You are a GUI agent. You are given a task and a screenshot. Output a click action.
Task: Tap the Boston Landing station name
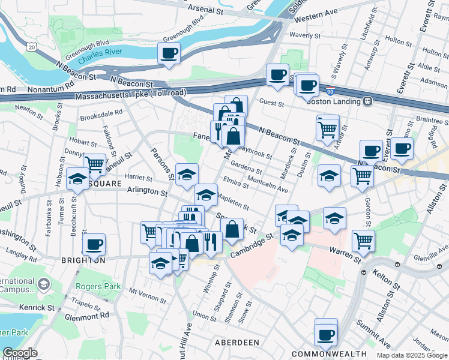pyautogui.click(x=332, y=101)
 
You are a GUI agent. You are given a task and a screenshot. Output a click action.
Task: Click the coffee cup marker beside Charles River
pyautogui.click(x=169, y=53)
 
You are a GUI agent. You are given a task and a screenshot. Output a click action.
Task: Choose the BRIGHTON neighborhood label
pyautogui.click(x=83, y=260)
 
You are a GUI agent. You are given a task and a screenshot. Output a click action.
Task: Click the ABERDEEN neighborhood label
pyautogui.click(x=237, y=342)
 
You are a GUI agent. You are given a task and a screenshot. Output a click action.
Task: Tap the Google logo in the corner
pyautogui.click(x=20, y=353)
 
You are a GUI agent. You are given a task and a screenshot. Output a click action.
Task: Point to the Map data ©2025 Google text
pyautogui.click(x=411, y=355)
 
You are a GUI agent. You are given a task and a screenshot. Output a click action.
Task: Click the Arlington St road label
pyautogui.click(x=147, y=193)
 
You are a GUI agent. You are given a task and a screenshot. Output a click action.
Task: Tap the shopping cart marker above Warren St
pyautogui.click(x=363, y=240)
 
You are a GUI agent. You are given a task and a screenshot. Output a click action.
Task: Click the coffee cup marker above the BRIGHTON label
pyautogui.click(x=94, y=244)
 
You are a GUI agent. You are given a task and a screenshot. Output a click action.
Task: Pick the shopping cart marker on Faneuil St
pyautogui.click(x=94, y=164)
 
